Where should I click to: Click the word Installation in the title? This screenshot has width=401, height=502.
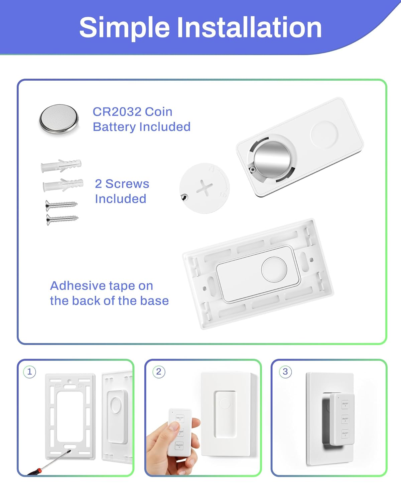[x=249, y=27]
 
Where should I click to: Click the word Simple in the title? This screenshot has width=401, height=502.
[x=124, y=27]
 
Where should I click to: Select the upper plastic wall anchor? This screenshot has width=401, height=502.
[x=61, y=166]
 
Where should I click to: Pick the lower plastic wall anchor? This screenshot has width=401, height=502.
[x=63, y=185]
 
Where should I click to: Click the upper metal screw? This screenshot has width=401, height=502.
[x=61, y=204]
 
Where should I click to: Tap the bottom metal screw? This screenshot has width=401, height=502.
[x=62, y=219]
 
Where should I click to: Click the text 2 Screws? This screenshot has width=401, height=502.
[x=122, y=184]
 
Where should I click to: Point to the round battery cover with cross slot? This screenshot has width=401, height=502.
[x=205, y=188]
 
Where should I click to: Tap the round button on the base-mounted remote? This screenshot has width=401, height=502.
[x=274, y=270]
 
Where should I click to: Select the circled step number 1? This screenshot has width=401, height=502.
[x=30, y=372]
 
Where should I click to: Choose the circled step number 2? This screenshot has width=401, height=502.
[x=159, y=372]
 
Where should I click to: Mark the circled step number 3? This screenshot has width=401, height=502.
[x=285, y=372]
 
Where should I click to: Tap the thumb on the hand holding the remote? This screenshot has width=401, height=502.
[x=174, y=426]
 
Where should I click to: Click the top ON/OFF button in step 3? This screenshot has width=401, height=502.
[x=345, y=404]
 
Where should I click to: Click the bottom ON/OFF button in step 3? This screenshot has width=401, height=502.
[x=345, y=434]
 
